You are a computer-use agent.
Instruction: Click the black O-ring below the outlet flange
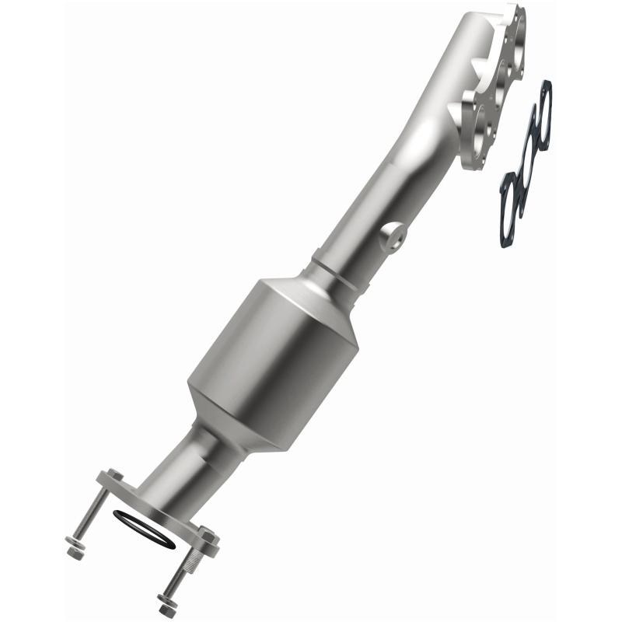[x=144, y=530]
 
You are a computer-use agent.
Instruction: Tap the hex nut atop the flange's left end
[x=112, y=476]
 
